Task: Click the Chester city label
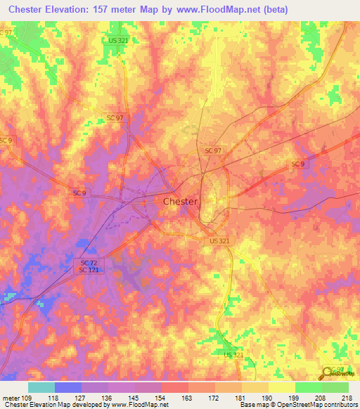coord(180,201)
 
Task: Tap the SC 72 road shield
coord(86,262)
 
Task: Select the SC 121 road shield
coord(87,271)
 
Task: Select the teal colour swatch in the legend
coord(41,387)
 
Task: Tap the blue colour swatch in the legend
coord(68,387)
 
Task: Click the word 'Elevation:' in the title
coord(73,9)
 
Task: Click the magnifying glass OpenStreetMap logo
coord(328,373)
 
